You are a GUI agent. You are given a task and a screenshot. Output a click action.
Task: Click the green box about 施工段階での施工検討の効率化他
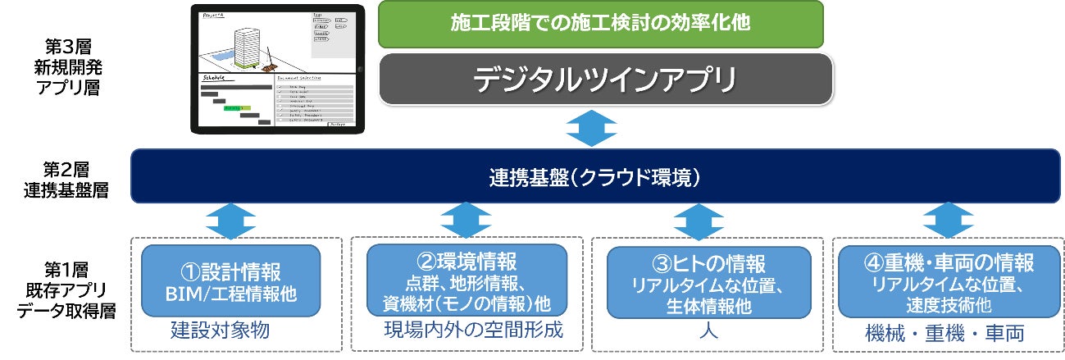pos(600,24)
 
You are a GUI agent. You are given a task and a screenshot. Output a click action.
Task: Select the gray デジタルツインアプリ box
pos(606,80)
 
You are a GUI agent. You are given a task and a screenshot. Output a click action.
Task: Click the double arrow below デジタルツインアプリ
pos(593,129)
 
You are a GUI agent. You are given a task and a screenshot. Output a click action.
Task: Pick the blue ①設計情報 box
pos(231,281)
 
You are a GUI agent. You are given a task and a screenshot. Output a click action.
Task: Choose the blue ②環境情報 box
pos(466,281)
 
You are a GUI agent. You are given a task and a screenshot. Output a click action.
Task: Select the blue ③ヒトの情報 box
pos(708,281)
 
